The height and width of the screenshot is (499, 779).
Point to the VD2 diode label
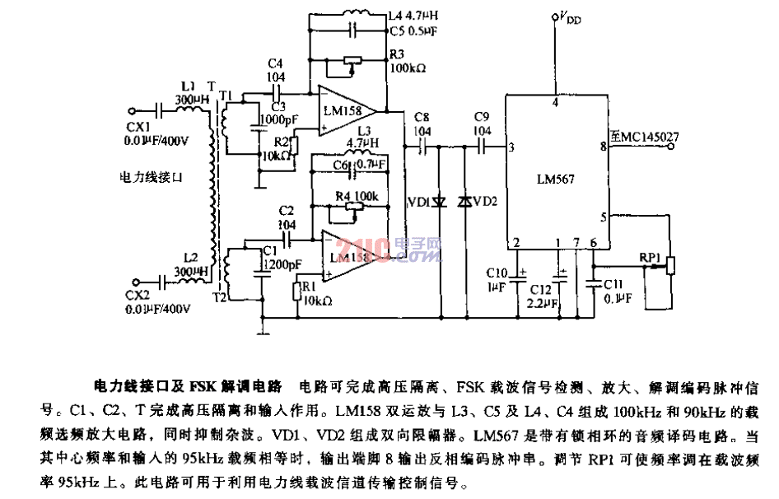(x=487, y=202)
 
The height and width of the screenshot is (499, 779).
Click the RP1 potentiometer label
(x=651, y=257)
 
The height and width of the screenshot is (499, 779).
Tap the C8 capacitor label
(x=422, y=120)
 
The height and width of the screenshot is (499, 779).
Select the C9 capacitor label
(x=482, y=120)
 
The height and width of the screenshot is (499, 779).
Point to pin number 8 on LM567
(x=604, y=147)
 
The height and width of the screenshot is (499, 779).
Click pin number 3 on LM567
(x=512, y=147)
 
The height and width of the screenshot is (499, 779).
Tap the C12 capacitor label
(x=540, y=289)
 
